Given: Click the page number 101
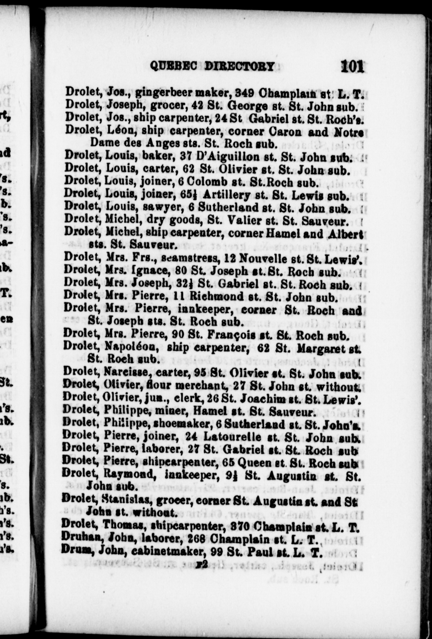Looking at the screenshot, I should click(352, 66).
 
